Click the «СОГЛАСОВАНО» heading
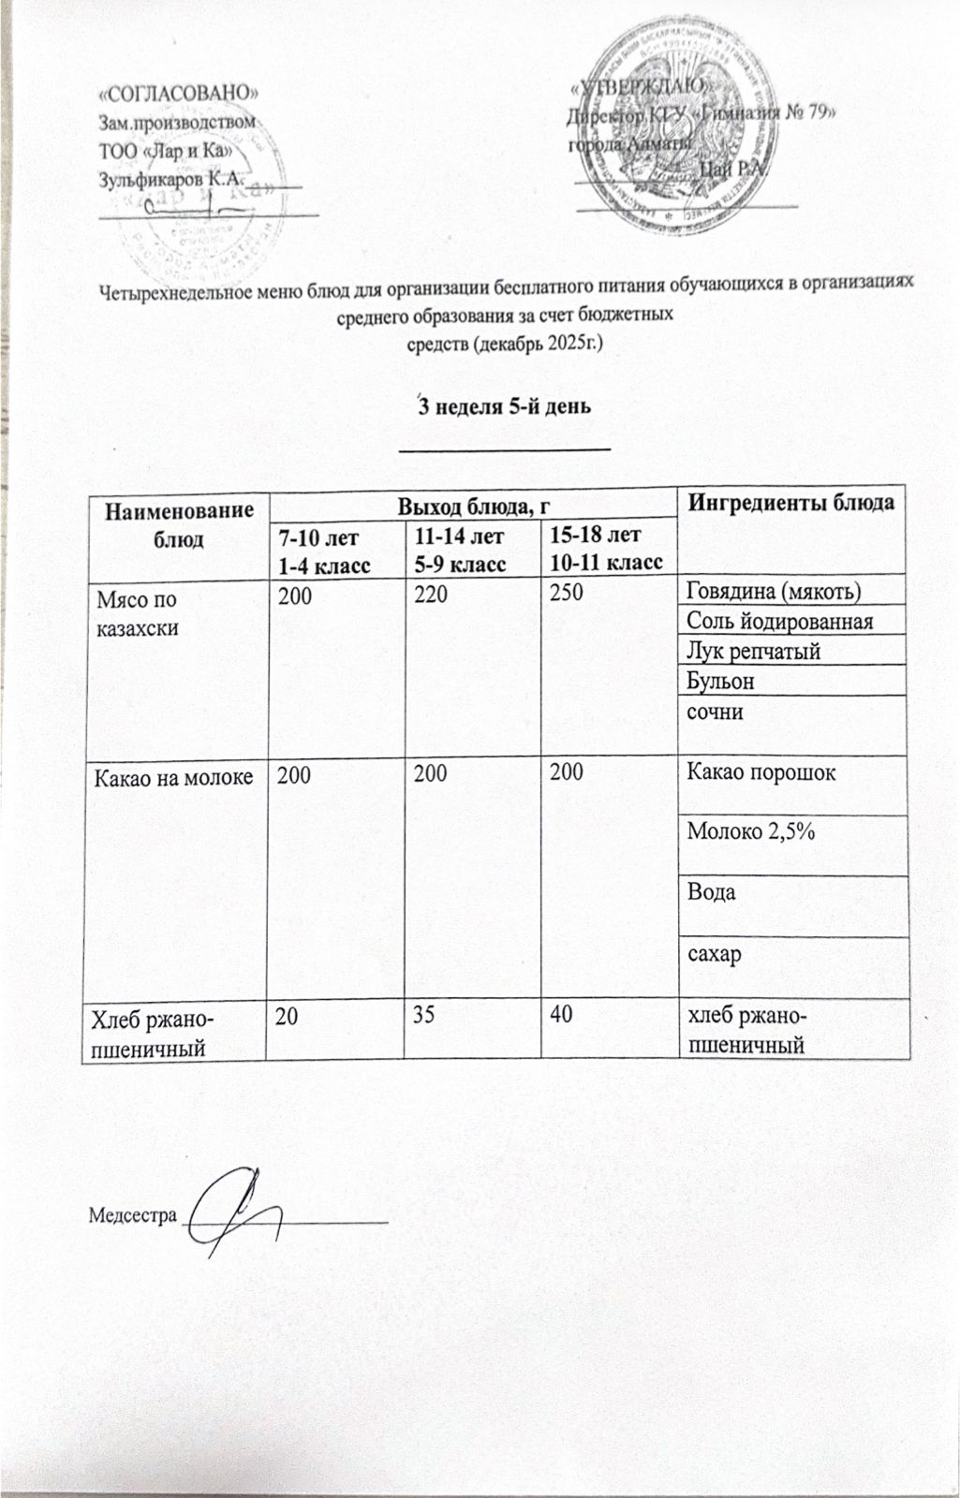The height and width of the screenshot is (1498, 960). [179, 94]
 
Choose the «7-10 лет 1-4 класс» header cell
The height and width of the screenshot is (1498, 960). [318, 550]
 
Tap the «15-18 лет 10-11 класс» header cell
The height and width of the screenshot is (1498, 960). [606, 549]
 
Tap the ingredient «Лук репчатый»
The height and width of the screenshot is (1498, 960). [754, 651]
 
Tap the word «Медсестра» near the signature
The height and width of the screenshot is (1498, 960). [132, 1215]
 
